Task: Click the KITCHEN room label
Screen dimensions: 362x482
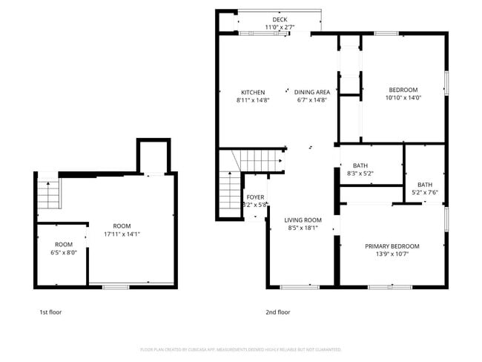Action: pos(253,92)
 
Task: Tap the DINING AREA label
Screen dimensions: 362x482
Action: pos(311,92)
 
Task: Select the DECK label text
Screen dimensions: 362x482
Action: pos(280,19)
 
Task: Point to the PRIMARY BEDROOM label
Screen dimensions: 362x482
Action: pos(392,246)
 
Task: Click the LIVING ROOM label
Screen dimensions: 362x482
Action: pos(303,220)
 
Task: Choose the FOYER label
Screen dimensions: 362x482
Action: pos(255,197)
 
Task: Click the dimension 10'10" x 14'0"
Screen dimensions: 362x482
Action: pos(403,97)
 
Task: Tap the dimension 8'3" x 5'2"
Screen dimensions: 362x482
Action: pos(360,174)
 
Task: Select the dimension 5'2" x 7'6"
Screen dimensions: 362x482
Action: pos(424,193)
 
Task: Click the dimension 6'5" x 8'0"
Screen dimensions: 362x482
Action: pos(63,252)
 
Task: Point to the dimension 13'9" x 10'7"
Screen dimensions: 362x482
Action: pos(392,254)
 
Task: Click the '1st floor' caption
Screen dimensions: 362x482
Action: pos(50,312)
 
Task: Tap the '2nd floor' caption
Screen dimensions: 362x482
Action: pos(278,312)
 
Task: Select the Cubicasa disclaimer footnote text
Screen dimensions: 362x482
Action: pos(240,349)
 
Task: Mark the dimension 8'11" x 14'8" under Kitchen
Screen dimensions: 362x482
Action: pos(253,99)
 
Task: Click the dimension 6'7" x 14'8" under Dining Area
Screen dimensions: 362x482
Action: pos(311,99)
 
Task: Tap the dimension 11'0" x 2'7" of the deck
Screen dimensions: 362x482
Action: pos(280,27)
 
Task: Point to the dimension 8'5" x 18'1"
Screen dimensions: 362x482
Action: pos(303,228)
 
